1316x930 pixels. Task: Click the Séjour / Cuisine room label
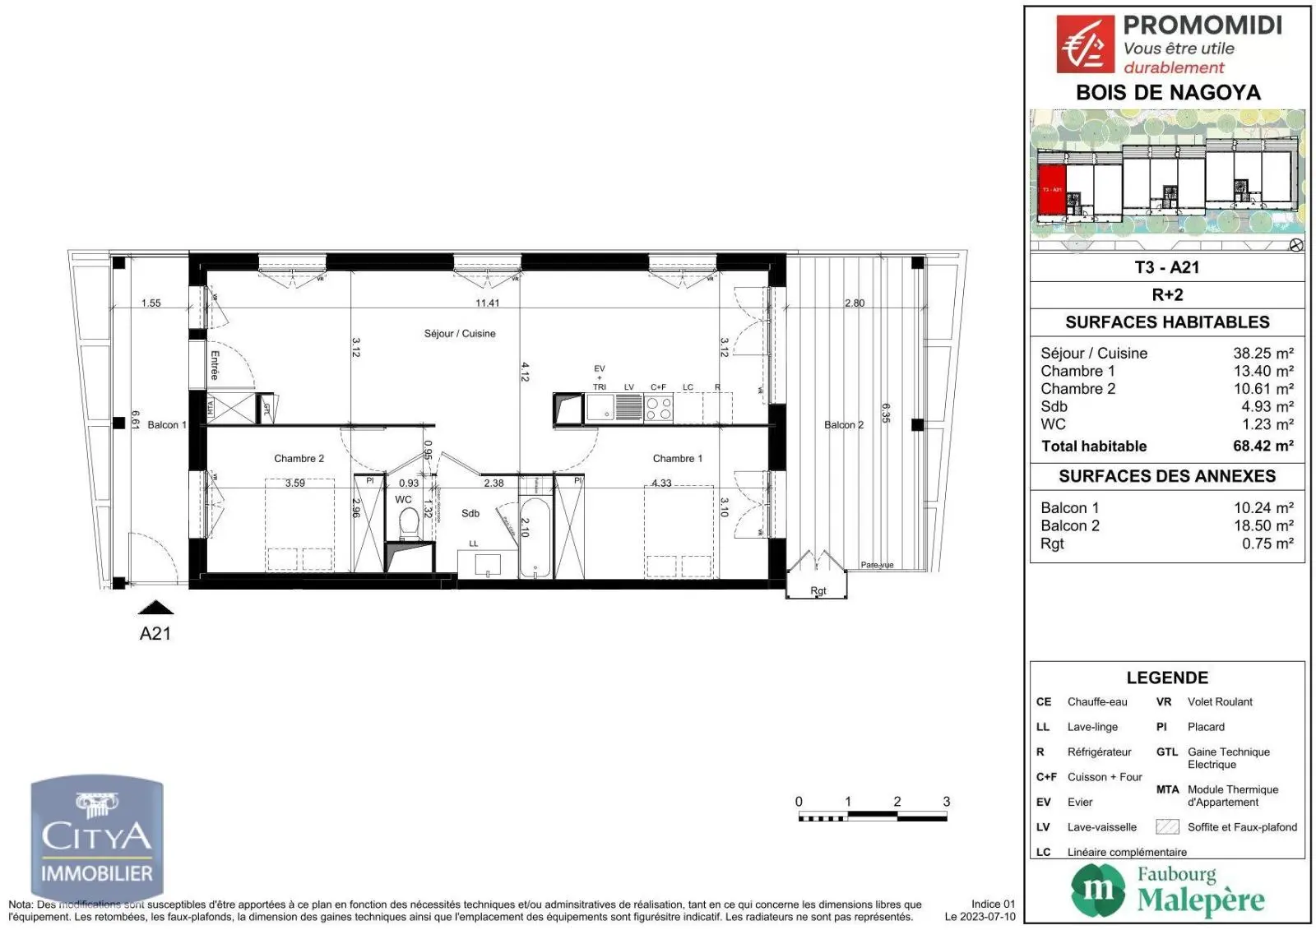tap(460, 334)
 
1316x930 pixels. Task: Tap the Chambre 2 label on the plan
tap(299, 459)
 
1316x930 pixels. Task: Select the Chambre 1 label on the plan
tap(677, 459)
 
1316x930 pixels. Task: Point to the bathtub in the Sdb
tap(535, 537)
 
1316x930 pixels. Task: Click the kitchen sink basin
tap(600, 407)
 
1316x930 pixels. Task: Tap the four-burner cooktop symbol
tap(658, 408)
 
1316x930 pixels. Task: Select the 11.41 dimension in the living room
tap(487, 303)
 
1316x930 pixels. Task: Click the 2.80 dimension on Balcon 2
tap(855, 303)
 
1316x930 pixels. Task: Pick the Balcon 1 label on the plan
tap(167, 425)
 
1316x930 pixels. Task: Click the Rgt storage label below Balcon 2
tap(818, 591)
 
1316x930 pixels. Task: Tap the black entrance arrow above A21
tap(155, 608)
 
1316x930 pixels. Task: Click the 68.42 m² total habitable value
tap(1263, 446)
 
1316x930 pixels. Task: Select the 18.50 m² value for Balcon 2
tap(1263, 526)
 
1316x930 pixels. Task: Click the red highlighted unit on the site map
tap(1052, 190)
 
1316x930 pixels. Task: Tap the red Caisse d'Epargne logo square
tap(1085, 45)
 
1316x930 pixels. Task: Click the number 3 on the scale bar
tap(946, 802)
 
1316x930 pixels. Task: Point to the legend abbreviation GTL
tap(1166, 752)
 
